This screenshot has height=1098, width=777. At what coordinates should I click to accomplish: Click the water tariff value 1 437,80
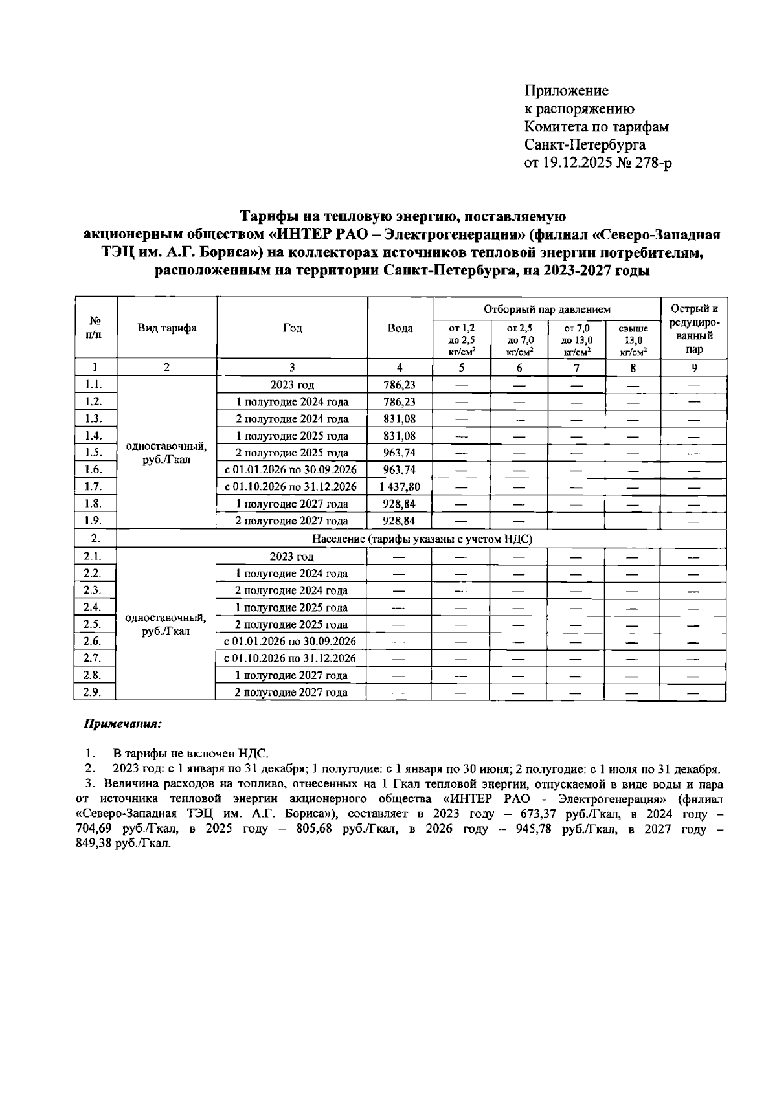point(400,487)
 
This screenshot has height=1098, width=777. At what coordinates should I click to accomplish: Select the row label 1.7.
point(95,487)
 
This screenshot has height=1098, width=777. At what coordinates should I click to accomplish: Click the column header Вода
point(400,328)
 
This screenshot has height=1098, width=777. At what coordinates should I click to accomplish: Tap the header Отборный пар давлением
point(546,309)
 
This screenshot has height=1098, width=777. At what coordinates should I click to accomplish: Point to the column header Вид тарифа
point(166,328)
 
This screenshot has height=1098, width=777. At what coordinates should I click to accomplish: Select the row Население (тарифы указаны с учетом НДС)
point(422,539)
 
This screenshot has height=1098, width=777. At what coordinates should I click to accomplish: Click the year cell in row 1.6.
point(291,470)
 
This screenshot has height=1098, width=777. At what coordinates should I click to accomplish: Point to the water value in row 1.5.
point(400,453)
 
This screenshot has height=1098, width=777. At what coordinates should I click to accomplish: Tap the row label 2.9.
point(95,693)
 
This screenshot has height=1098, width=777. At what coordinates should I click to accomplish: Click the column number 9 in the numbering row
point(693,368)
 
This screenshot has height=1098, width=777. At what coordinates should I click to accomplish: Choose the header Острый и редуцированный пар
point(693,328)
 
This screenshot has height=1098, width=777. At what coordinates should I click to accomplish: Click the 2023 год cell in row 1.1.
point(292,385)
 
